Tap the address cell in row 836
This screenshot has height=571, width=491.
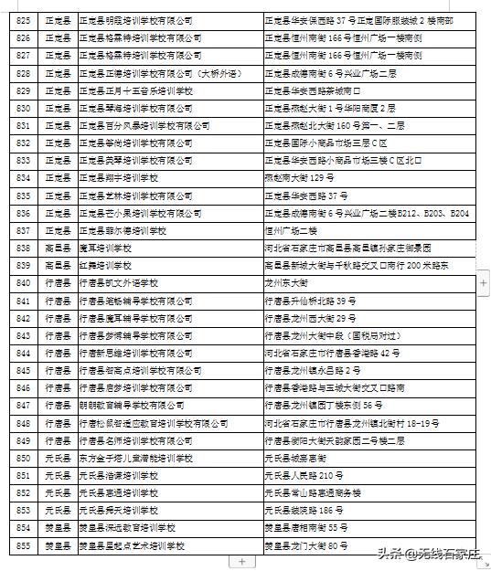pyautogui.click(x=366, y=213)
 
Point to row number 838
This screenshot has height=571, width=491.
pyautogui.click(x=24, y=248)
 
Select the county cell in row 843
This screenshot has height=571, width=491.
pyautogui.click(x=57, y=335)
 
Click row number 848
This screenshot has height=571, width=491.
pyautogui.click(x=24, y=423)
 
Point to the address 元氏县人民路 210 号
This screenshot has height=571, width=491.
pyautogui.click(x=310, y=475)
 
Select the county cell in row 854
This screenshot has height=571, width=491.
pyautogui.click(x=57, y=528)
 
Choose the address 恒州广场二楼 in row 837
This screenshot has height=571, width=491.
pyautogui.click(x=289, y=230)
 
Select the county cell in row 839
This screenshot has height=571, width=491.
pyautogui.click(x=57, y=265)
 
